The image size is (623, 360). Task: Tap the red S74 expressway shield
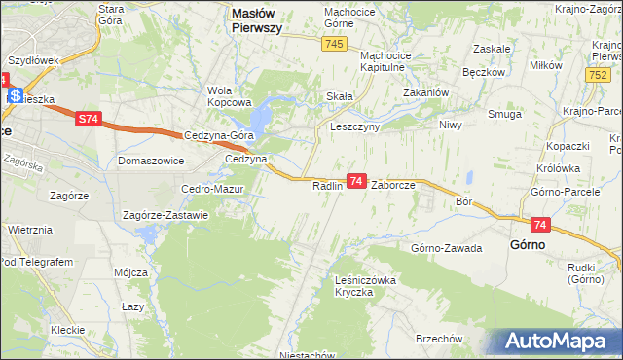[89, 119]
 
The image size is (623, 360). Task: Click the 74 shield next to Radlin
[357, 182]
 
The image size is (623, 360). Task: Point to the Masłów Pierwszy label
[271, 20]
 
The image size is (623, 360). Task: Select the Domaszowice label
[151, 160]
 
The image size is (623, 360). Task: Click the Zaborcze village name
[394, 184]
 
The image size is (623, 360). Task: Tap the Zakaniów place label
[425, 94]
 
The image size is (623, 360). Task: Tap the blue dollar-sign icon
[17, 95]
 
